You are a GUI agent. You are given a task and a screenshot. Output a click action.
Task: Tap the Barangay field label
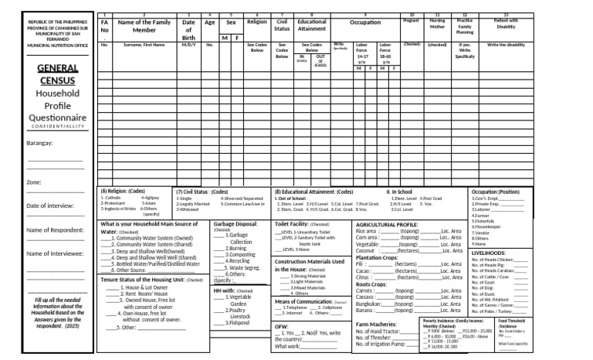coord(39,144)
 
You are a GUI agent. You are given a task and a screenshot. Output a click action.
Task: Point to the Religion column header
coord(256,22)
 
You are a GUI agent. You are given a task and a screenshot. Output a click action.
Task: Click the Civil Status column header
coord(282,25)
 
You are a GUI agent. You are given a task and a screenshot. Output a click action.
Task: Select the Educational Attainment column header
coord(312,25)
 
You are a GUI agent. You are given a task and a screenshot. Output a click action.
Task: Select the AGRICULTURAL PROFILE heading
coord(386,224)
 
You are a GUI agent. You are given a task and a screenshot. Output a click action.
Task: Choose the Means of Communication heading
coord(302,301)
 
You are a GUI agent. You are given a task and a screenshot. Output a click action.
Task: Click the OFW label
coord(281,327)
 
